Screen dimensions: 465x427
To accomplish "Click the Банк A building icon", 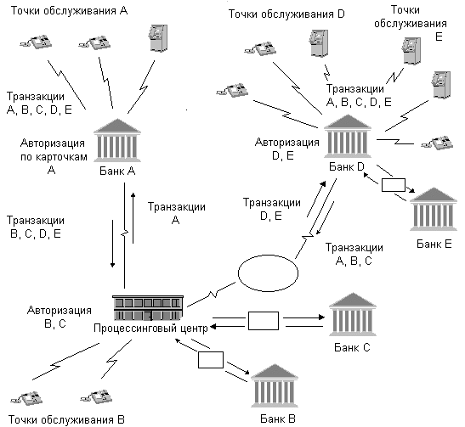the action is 117,140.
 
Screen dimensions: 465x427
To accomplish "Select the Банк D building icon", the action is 348,136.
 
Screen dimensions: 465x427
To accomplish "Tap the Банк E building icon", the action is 434,209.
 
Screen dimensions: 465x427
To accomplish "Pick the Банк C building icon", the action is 353,314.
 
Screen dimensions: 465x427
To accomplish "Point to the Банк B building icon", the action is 275,385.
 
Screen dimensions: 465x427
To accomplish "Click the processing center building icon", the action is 148,307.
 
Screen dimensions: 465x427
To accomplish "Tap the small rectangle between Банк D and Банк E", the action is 394,185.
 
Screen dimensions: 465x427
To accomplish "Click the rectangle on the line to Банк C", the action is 264,321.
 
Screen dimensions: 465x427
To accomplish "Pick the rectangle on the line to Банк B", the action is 211,360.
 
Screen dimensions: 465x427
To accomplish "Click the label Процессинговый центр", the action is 150,328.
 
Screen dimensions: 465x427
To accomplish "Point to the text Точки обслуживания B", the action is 66,419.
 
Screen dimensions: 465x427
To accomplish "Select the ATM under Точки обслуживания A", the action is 157,38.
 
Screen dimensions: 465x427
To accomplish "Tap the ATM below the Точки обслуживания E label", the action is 411,51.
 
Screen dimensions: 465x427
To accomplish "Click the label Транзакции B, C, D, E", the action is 36,228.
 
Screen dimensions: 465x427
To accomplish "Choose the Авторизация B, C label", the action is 60,317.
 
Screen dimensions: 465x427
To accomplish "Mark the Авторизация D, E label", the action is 287,149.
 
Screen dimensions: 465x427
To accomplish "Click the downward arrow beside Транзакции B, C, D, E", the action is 112,244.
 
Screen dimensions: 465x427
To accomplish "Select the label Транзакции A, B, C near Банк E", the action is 354,254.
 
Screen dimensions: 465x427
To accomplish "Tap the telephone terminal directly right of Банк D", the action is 437,143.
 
